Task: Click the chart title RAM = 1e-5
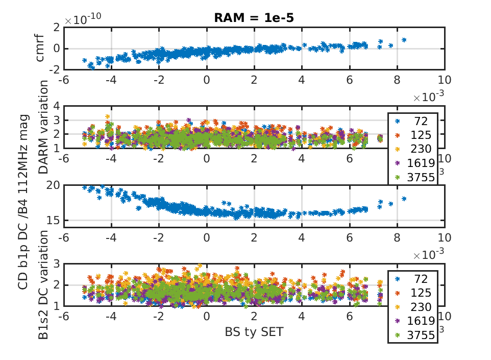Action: tap(254, 17)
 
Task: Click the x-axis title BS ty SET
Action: tap(254, 331)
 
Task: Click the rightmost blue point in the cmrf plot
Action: tap(404, 39)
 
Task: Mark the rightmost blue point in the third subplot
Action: tap(404, 199)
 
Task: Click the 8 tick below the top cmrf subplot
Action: tap(397, 80)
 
